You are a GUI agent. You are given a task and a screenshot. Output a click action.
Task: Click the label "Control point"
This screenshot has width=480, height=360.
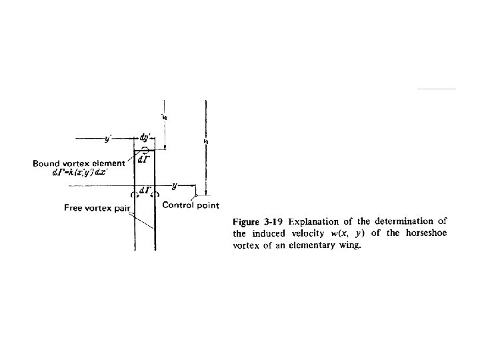pos(191,205)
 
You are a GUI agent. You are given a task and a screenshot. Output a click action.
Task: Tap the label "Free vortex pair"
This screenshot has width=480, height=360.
pos(96,208)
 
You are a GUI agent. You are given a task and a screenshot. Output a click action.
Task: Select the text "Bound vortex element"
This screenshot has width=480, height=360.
pos(79,163)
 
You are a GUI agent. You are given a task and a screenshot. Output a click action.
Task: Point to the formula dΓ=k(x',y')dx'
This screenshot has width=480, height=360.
pos(78,173)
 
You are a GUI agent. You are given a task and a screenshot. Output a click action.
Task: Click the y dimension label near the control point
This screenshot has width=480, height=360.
pos(175,185)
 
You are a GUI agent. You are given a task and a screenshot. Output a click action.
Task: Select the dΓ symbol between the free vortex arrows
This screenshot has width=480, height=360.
pos(145,189)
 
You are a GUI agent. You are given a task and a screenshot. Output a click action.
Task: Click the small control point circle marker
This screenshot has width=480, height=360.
pos(194,195)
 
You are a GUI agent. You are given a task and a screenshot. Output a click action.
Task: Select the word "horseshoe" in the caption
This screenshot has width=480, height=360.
pos(424,233)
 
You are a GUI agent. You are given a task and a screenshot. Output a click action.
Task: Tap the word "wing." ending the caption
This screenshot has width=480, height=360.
pos(348,245)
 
